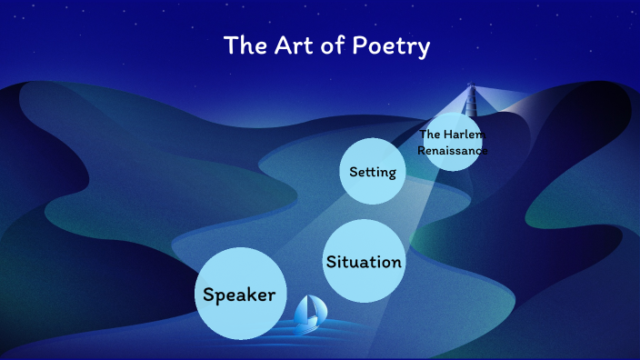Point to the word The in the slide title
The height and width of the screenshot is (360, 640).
point(244,45)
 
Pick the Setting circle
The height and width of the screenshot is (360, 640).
point(373,171)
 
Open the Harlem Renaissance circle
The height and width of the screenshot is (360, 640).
point(452,143)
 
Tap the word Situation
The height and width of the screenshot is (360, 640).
point(364,262)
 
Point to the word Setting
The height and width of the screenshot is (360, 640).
point(373,171)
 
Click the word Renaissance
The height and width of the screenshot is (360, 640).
point(452,150)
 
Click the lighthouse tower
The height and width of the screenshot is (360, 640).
point(471,102)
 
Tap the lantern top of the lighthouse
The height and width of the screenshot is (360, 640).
point(471,87)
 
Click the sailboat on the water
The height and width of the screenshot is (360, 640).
point(311,313)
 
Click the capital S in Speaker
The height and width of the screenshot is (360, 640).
point(209,294)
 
